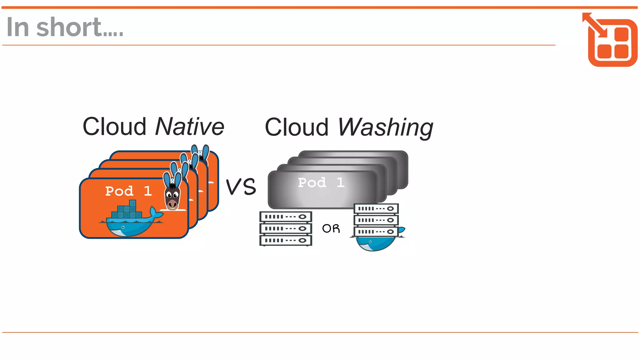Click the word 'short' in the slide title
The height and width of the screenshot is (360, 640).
69,27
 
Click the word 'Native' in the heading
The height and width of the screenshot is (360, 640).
190,127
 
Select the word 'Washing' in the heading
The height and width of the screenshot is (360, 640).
385,127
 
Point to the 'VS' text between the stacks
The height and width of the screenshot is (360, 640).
241,187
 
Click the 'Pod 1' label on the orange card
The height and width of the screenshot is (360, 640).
128,191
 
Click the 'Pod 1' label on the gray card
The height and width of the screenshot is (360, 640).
321,182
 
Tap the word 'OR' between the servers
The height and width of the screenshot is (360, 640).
331,228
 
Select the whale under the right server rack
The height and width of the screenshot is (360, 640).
375,243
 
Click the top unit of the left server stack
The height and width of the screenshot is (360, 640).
286,217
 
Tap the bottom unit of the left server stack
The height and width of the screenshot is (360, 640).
286,240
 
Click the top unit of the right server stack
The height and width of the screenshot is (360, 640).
376,208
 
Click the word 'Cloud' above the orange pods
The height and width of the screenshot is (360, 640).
114,127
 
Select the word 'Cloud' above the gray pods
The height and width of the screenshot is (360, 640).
297,127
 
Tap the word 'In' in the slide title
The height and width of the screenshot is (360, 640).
18,27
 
